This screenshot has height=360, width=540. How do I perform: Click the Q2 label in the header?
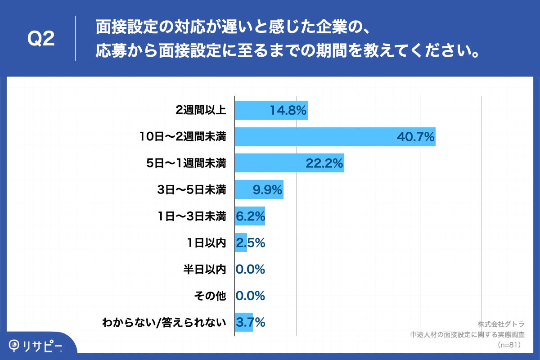41,39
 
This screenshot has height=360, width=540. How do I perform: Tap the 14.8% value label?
288,110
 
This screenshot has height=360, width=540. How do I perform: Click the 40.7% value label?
415,137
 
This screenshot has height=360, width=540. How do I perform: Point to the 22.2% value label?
324,163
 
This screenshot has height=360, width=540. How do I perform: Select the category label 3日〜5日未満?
191,190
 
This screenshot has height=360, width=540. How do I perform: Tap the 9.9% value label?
267,190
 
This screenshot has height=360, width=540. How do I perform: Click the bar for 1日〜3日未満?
250,216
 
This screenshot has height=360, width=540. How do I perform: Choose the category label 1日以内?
206,243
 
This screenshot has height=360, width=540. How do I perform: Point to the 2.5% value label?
250,243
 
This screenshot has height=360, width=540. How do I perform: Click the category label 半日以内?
204,270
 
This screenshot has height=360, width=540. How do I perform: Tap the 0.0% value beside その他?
250,296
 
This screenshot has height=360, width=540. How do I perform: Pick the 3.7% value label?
250,323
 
